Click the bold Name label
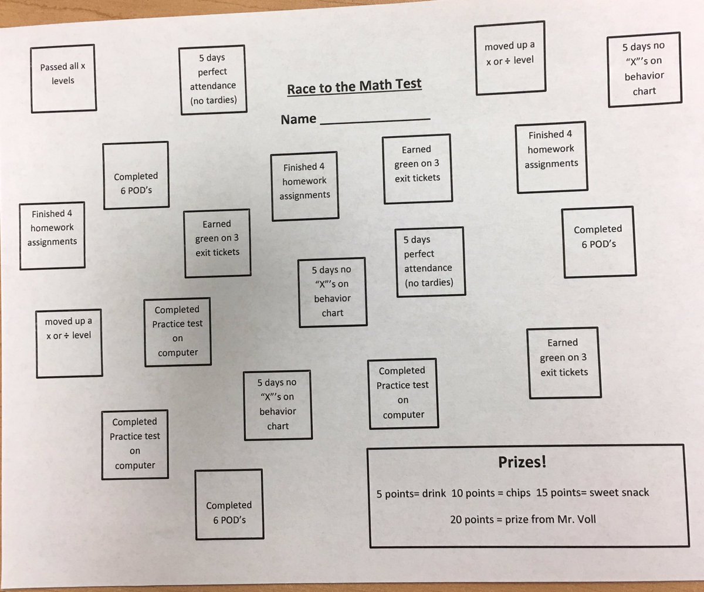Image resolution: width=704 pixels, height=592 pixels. pos(299,119)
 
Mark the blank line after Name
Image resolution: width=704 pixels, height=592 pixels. pos(375,121)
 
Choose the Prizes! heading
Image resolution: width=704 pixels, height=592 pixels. pos(522,462)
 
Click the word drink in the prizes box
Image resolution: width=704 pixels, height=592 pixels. pos(434,493)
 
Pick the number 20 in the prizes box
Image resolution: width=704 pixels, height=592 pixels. pos(456,519)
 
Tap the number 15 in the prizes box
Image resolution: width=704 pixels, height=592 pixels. pos(542,492)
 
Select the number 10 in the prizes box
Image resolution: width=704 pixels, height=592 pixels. pos(457,493)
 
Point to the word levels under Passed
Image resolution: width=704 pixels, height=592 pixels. pos(63,80)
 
